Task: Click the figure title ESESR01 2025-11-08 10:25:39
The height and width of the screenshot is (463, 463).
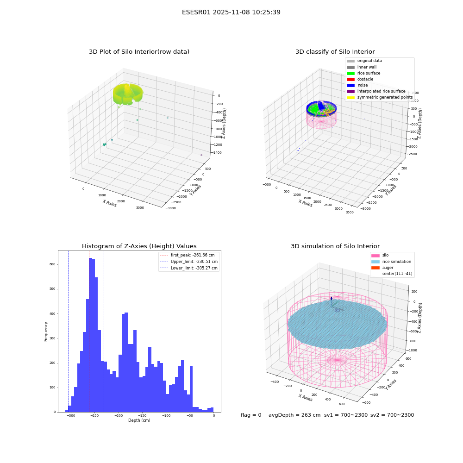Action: pos(231,12)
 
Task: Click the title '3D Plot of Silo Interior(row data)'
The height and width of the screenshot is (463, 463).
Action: pos(139,52)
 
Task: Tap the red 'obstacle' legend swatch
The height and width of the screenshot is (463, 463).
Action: pos(350,79)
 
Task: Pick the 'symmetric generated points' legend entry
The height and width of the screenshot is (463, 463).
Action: pos(380,97)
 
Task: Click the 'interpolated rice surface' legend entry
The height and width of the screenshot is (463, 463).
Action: pos(376,91)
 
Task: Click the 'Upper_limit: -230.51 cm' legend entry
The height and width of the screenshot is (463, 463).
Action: pos(188,262)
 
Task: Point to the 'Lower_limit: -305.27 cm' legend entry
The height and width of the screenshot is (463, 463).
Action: pos(188,268)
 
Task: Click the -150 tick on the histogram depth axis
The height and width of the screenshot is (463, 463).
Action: pos(142,415)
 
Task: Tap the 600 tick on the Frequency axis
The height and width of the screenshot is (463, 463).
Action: pos(52,264)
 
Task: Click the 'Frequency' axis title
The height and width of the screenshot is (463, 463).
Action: pos(46,332)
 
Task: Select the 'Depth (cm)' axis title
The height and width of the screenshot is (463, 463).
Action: pos(139,420)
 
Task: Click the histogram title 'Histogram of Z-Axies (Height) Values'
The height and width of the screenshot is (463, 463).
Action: pos(139,246)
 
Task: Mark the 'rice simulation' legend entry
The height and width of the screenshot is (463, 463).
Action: pos(391,262)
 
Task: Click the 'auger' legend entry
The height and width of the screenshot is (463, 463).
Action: pos(382,268)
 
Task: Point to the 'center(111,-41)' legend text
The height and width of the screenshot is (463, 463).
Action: pos(397,274)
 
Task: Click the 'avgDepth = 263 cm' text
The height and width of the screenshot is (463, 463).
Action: pos(294,415)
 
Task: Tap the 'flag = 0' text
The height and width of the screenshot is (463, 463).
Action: pos(251,415)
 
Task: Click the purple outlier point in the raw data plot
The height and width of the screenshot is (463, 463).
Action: pos(201,155)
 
